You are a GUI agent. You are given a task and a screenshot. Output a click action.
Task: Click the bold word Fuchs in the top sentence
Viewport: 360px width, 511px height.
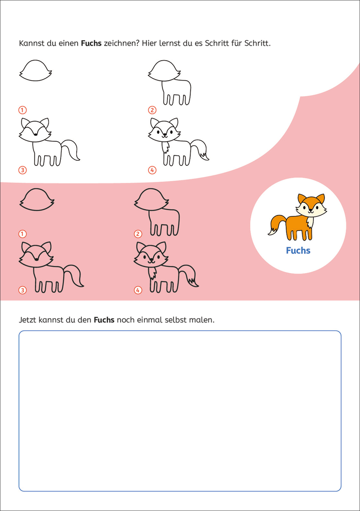[x=91, y=43]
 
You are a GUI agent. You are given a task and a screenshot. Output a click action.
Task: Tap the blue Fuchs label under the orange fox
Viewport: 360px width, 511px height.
[x=298, y=250]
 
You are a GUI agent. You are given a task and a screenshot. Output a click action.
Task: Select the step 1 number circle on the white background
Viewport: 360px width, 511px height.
[x=22, y=110]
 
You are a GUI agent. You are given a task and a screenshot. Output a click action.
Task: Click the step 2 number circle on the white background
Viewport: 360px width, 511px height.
[x=152, y=110]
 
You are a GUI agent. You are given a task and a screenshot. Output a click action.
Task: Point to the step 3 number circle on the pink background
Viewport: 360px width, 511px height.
[x=22, y=290]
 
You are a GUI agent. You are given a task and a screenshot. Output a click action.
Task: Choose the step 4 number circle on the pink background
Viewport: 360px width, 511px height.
[x=138, y=290]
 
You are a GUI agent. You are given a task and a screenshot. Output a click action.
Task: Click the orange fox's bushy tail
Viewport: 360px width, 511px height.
[x=277, y=224]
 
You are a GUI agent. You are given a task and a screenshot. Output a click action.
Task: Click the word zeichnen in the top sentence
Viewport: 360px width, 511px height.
[x=121, y=43]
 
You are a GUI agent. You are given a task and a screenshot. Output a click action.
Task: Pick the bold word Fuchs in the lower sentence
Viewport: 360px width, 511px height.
[x=104, y=320]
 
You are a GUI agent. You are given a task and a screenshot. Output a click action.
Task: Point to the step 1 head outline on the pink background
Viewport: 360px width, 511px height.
[x=37, y=200]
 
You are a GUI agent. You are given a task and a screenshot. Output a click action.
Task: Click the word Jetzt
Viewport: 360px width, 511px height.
[x=28, y=320]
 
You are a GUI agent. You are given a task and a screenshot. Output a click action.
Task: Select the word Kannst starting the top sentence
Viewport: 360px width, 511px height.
[x=31, y=43]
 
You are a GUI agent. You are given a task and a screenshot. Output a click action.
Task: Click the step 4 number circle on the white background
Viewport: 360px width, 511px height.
[x=152, y=170]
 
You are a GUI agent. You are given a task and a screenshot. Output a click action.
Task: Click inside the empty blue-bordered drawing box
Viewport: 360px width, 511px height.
[x=180, y=411]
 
